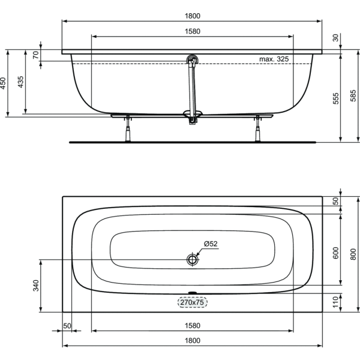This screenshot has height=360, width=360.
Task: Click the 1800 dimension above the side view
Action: [x=193, y=16]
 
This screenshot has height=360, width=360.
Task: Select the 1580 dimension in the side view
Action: [x=193, y=31]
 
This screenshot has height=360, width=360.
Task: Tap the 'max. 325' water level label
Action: [x=274, y=59]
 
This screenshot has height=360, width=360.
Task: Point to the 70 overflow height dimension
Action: [x=36, y=55]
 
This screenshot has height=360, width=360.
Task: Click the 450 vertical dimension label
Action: [x=3, y=83]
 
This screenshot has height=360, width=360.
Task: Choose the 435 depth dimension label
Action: [x=20, y=82]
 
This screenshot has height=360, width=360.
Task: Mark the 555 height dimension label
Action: [x=335, y=98]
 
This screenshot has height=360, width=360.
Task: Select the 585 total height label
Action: [x=353, y=95]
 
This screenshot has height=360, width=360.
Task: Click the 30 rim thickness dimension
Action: [x=335, y=38]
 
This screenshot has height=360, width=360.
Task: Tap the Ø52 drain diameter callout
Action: [x=211, y=244]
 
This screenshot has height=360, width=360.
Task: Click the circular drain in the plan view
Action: [x=193, y=260]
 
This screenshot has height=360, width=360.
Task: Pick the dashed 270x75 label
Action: [x=193, y=302]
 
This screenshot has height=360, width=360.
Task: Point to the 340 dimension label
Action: [x=36, y=286]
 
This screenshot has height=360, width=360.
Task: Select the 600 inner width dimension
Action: [x=335, y=253]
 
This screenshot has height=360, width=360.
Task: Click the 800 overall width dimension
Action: [x=353, y=254]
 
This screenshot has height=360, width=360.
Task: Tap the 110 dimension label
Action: [x=335, y=302]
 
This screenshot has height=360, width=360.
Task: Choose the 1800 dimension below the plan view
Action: [x=193, y=340]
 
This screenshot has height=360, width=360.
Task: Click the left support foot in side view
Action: [x=128, y=129]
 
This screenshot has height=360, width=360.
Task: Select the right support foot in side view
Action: [x=258, y=129]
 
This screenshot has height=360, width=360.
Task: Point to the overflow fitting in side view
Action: [x=192, y=60]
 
